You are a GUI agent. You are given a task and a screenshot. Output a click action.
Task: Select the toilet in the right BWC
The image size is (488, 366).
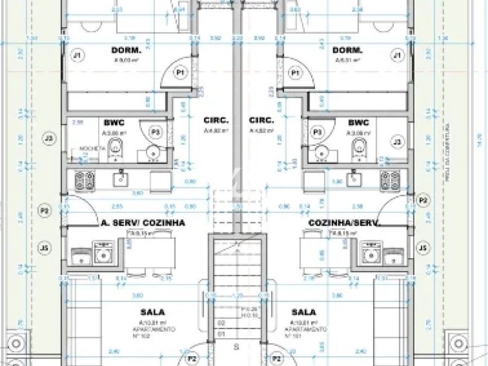358,147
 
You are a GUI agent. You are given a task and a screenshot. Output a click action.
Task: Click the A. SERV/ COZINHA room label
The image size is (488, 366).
143,222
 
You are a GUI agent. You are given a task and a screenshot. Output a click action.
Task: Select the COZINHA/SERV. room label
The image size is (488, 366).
344,222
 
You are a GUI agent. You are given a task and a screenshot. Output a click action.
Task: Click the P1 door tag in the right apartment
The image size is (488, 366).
296,72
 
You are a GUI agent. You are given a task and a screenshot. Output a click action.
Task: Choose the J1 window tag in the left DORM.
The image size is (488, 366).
77,55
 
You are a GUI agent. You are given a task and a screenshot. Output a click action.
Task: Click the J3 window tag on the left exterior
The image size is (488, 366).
49,138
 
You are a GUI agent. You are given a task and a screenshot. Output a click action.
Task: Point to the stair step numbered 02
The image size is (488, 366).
220,323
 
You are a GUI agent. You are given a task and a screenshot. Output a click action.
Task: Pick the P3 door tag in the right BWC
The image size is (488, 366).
318,132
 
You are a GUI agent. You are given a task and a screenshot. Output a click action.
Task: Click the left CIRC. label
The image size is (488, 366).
216,120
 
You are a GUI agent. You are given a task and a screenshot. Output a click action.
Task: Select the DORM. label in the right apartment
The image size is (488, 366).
347,50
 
